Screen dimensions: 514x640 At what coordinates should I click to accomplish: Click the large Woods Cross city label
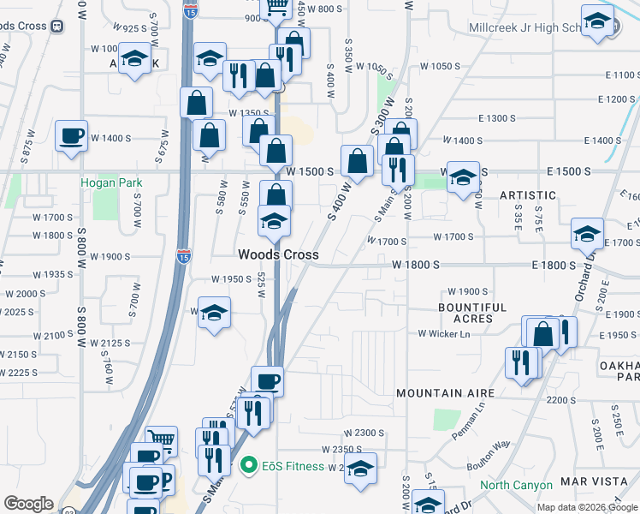tap(278, 254)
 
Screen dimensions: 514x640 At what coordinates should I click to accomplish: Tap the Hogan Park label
tap(111, 182)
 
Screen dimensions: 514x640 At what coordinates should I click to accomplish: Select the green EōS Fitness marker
tap(249, 466)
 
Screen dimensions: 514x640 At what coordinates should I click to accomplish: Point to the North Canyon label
tap(516, 486)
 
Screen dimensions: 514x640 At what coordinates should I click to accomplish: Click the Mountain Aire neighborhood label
tap(445, 393)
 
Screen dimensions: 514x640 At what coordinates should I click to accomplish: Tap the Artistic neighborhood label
tap(528, 195)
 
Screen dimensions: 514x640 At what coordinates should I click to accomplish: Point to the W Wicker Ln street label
tap(444, 333)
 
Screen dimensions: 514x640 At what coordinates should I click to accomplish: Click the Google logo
tap(28, 504)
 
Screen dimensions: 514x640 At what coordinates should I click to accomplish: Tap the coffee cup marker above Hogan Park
tap(71, 135)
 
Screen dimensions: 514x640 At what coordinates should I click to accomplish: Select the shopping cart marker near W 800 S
tap(277, 7)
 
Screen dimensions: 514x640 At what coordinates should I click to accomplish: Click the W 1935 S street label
tap(53, 274)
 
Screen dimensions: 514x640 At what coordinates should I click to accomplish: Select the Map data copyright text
tap(586, 507)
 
